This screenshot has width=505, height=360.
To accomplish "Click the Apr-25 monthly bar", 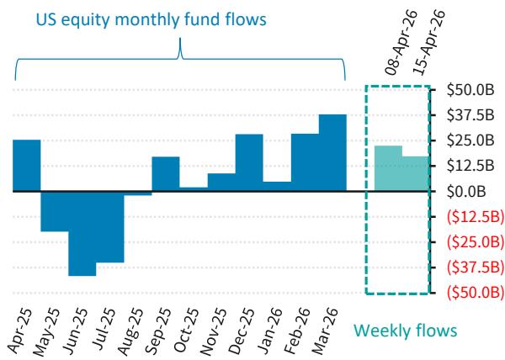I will pyautogui.click(x=27, y=166).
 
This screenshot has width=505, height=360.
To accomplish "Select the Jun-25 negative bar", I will pyautogui.click(x=82, y=233).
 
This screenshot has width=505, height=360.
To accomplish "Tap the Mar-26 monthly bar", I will pyautogui.click(x=332, y=153).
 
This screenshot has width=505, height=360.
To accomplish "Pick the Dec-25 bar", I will pyautogui.click(x=249, y=162).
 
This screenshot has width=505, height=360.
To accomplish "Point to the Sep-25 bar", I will pyautogui.click(x=166, y=174).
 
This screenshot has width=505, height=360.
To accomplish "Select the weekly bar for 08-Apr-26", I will pyautogui.click(x=388, y=169).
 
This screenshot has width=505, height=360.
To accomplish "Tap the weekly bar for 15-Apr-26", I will pyautogui.click(x=416, y=174).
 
